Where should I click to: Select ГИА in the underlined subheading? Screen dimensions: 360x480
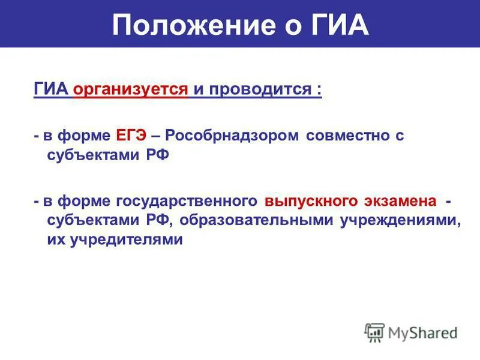[52, 91]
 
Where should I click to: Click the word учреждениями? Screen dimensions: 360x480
[401, 220]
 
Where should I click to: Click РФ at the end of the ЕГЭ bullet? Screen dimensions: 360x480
[157, 155]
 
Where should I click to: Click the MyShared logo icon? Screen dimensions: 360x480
[374, 332]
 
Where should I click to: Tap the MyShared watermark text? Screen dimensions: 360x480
[423, 332]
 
